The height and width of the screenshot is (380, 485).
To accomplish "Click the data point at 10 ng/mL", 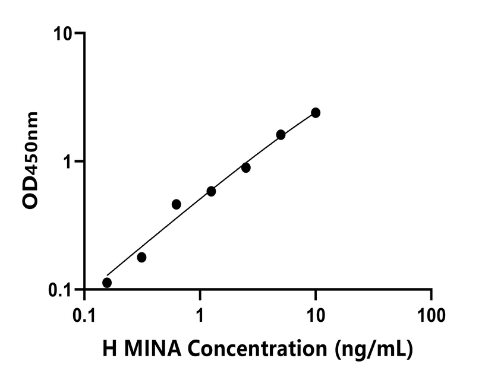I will pos(316,113).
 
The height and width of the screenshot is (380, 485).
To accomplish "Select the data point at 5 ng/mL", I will pos(281,135).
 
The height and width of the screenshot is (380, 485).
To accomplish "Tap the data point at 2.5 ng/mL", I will pos(245,168).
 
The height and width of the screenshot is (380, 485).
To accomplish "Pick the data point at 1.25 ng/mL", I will pos(211,191).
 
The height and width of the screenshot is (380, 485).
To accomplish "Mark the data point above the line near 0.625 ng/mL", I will pos(176,204).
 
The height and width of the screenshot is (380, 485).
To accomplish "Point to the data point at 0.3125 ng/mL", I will pos(141,257).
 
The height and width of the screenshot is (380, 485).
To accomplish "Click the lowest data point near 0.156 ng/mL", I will pos(107,283).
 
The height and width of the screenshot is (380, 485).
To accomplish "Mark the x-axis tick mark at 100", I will pos(431,296).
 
